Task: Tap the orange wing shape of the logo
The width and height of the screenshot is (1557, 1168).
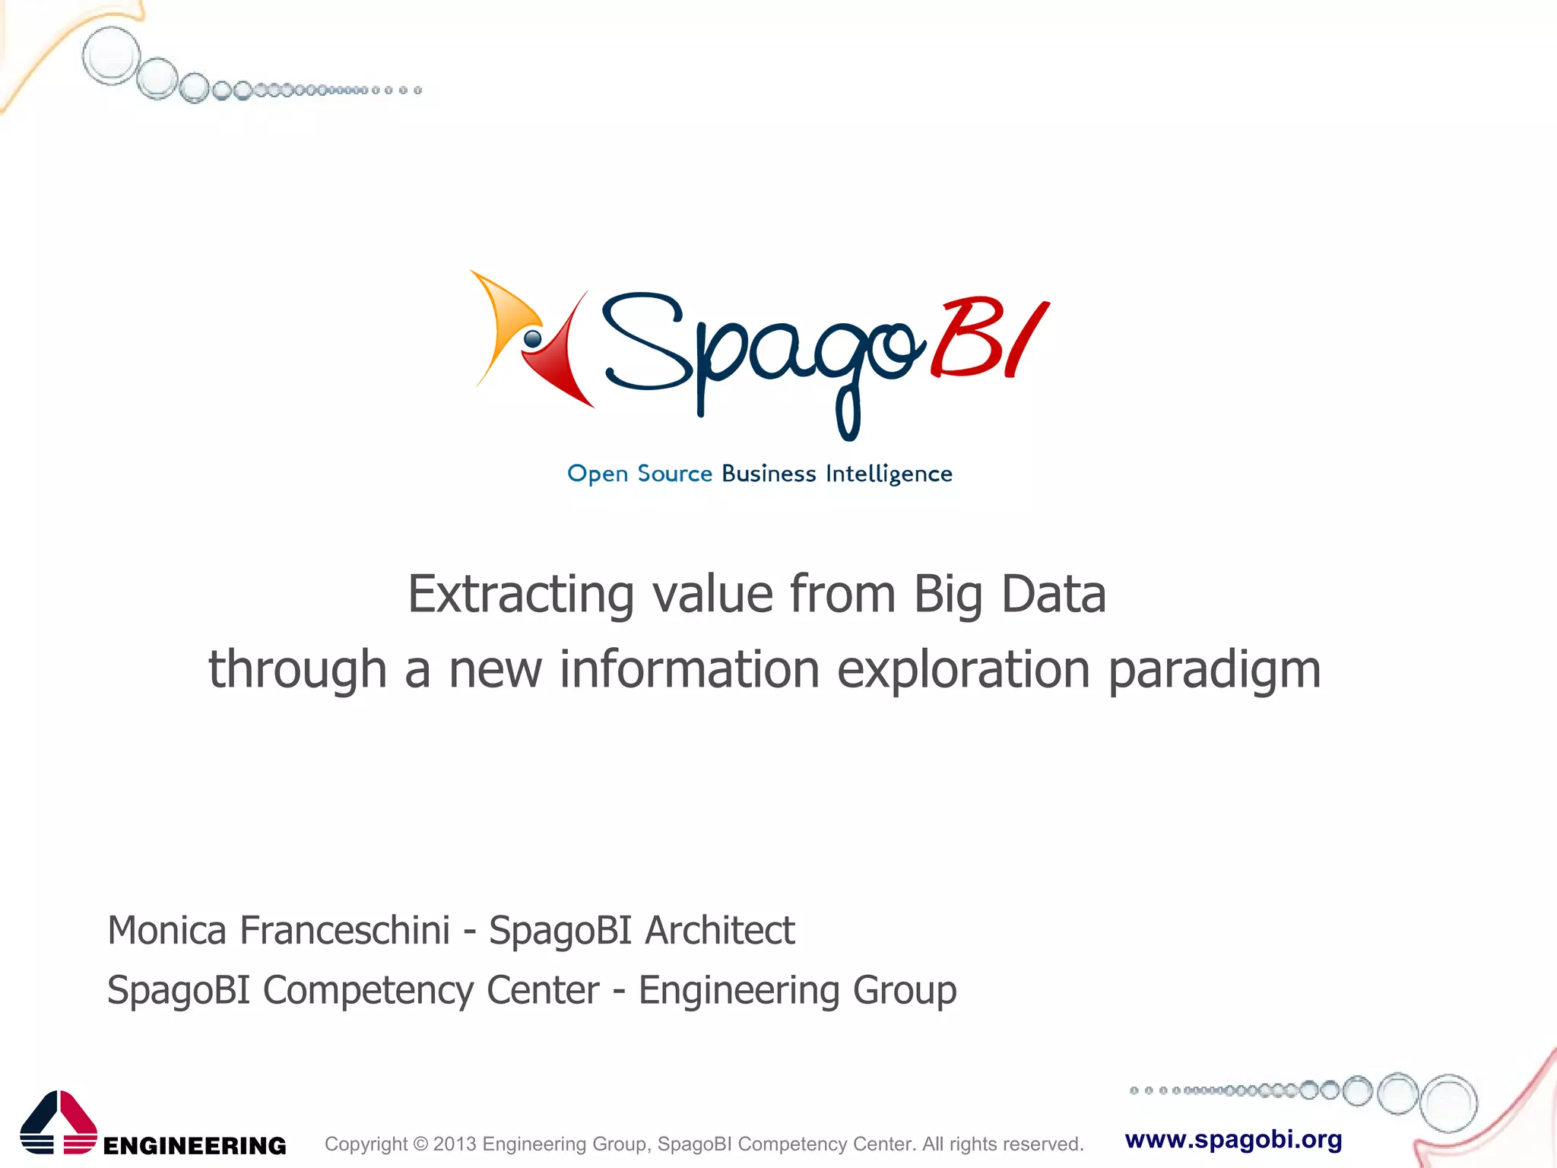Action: [503, 319]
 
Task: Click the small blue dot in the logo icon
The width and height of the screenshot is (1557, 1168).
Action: [533, 338]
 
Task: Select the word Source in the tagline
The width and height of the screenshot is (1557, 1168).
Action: [674, 474]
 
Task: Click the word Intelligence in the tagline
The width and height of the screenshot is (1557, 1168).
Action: [889, 474]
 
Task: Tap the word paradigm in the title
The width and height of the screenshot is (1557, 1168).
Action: [1214, 670]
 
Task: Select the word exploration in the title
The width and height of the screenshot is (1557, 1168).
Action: [963, 670]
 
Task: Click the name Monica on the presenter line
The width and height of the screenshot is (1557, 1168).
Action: [167, 930]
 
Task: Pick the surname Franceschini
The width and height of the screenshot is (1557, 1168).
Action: [344, 930]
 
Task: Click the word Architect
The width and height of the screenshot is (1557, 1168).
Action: [719, 930]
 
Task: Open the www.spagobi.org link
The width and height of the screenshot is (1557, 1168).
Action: [1233, 1139]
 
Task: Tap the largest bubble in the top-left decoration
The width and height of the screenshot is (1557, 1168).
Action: [111, 56]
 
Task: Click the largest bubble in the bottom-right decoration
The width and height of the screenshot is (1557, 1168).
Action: [1449, 1103]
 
